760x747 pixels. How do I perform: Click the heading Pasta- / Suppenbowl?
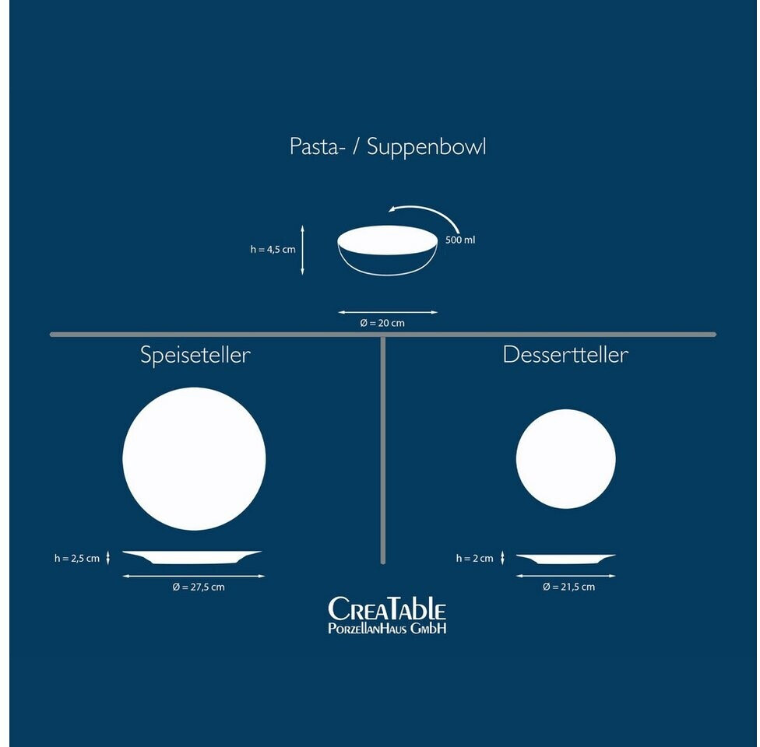coord(388,147)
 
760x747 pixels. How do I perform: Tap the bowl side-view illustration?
coord(387,249)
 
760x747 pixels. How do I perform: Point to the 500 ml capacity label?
coord(460,240)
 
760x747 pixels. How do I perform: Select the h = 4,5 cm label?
coord(273,250)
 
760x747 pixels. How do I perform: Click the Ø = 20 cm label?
coord(382,323)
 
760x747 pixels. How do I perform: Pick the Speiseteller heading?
coord(195,356)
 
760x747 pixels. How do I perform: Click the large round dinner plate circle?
coord(194,458)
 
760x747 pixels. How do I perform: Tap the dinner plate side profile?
coord(192,557)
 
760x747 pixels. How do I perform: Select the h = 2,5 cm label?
coord(77,558)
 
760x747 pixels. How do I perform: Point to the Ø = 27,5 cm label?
coord(199,587)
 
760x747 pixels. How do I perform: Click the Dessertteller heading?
coord(565,355)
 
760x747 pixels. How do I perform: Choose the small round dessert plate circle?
coord(565,458)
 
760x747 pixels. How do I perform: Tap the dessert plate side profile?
coord(565,558)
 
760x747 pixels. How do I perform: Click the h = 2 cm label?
coord(475,558)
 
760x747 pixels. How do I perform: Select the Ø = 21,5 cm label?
coord(568,587)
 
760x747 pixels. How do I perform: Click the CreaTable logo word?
coord(387,609)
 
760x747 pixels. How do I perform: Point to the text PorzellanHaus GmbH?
coord(387,628)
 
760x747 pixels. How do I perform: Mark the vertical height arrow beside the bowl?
coord(303,250)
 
